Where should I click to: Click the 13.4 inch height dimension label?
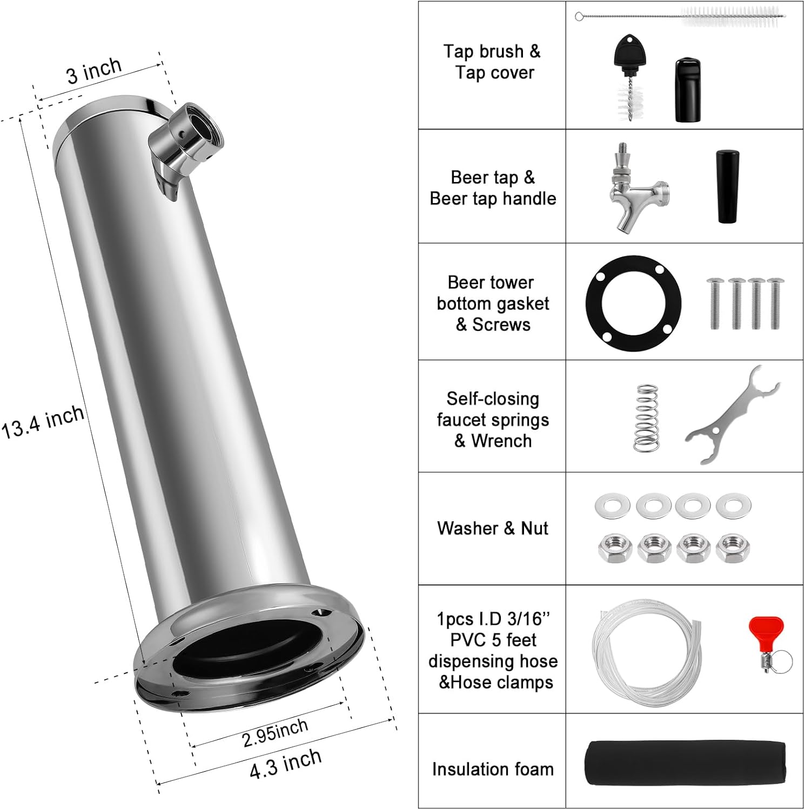click(x=43, y=421)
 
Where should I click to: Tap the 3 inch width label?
click(x=94, y=71)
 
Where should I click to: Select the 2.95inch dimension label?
click(x=275, y=733)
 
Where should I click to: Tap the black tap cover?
click(x=688, y=90)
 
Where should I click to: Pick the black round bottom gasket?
click(x=633, y=303)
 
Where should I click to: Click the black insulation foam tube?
click(x=685, y=762)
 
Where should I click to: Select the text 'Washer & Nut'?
click(x=492, y=528)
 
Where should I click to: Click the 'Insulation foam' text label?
click(x=492, y=768)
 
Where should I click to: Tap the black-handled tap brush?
click(x=629, y=78)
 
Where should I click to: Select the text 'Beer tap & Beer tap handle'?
click(x=492, y=188)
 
